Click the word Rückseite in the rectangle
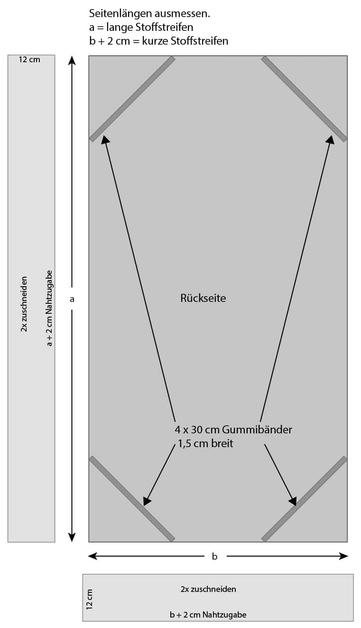[x=203, y=299]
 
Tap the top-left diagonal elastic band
[x=132, y=99]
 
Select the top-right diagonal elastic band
[x=304, y=99]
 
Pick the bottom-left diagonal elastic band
[x=132, y=499]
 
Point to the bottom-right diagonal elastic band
[x=304, y=499]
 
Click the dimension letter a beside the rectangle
[x=72, y=299]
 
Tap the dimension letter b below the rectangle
[x=214, y=556]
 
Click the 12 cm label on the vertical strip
[x=29, y=60]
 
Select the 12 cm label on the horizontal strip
[x=90, y=599]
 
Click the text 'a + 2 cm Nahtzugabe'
[x=49, y=308]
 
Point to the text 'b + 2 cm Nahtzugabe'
[x=208, y=615]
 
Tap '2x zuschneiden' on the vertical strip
[x=24, y=304]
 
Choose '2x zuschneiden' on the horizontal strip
[x=208, y=589]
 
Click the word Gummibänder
[x=262, y=430]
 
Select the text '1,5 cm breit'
[x=205, y=444]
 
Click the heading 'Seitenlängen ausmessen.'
[x=149, y=14]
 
